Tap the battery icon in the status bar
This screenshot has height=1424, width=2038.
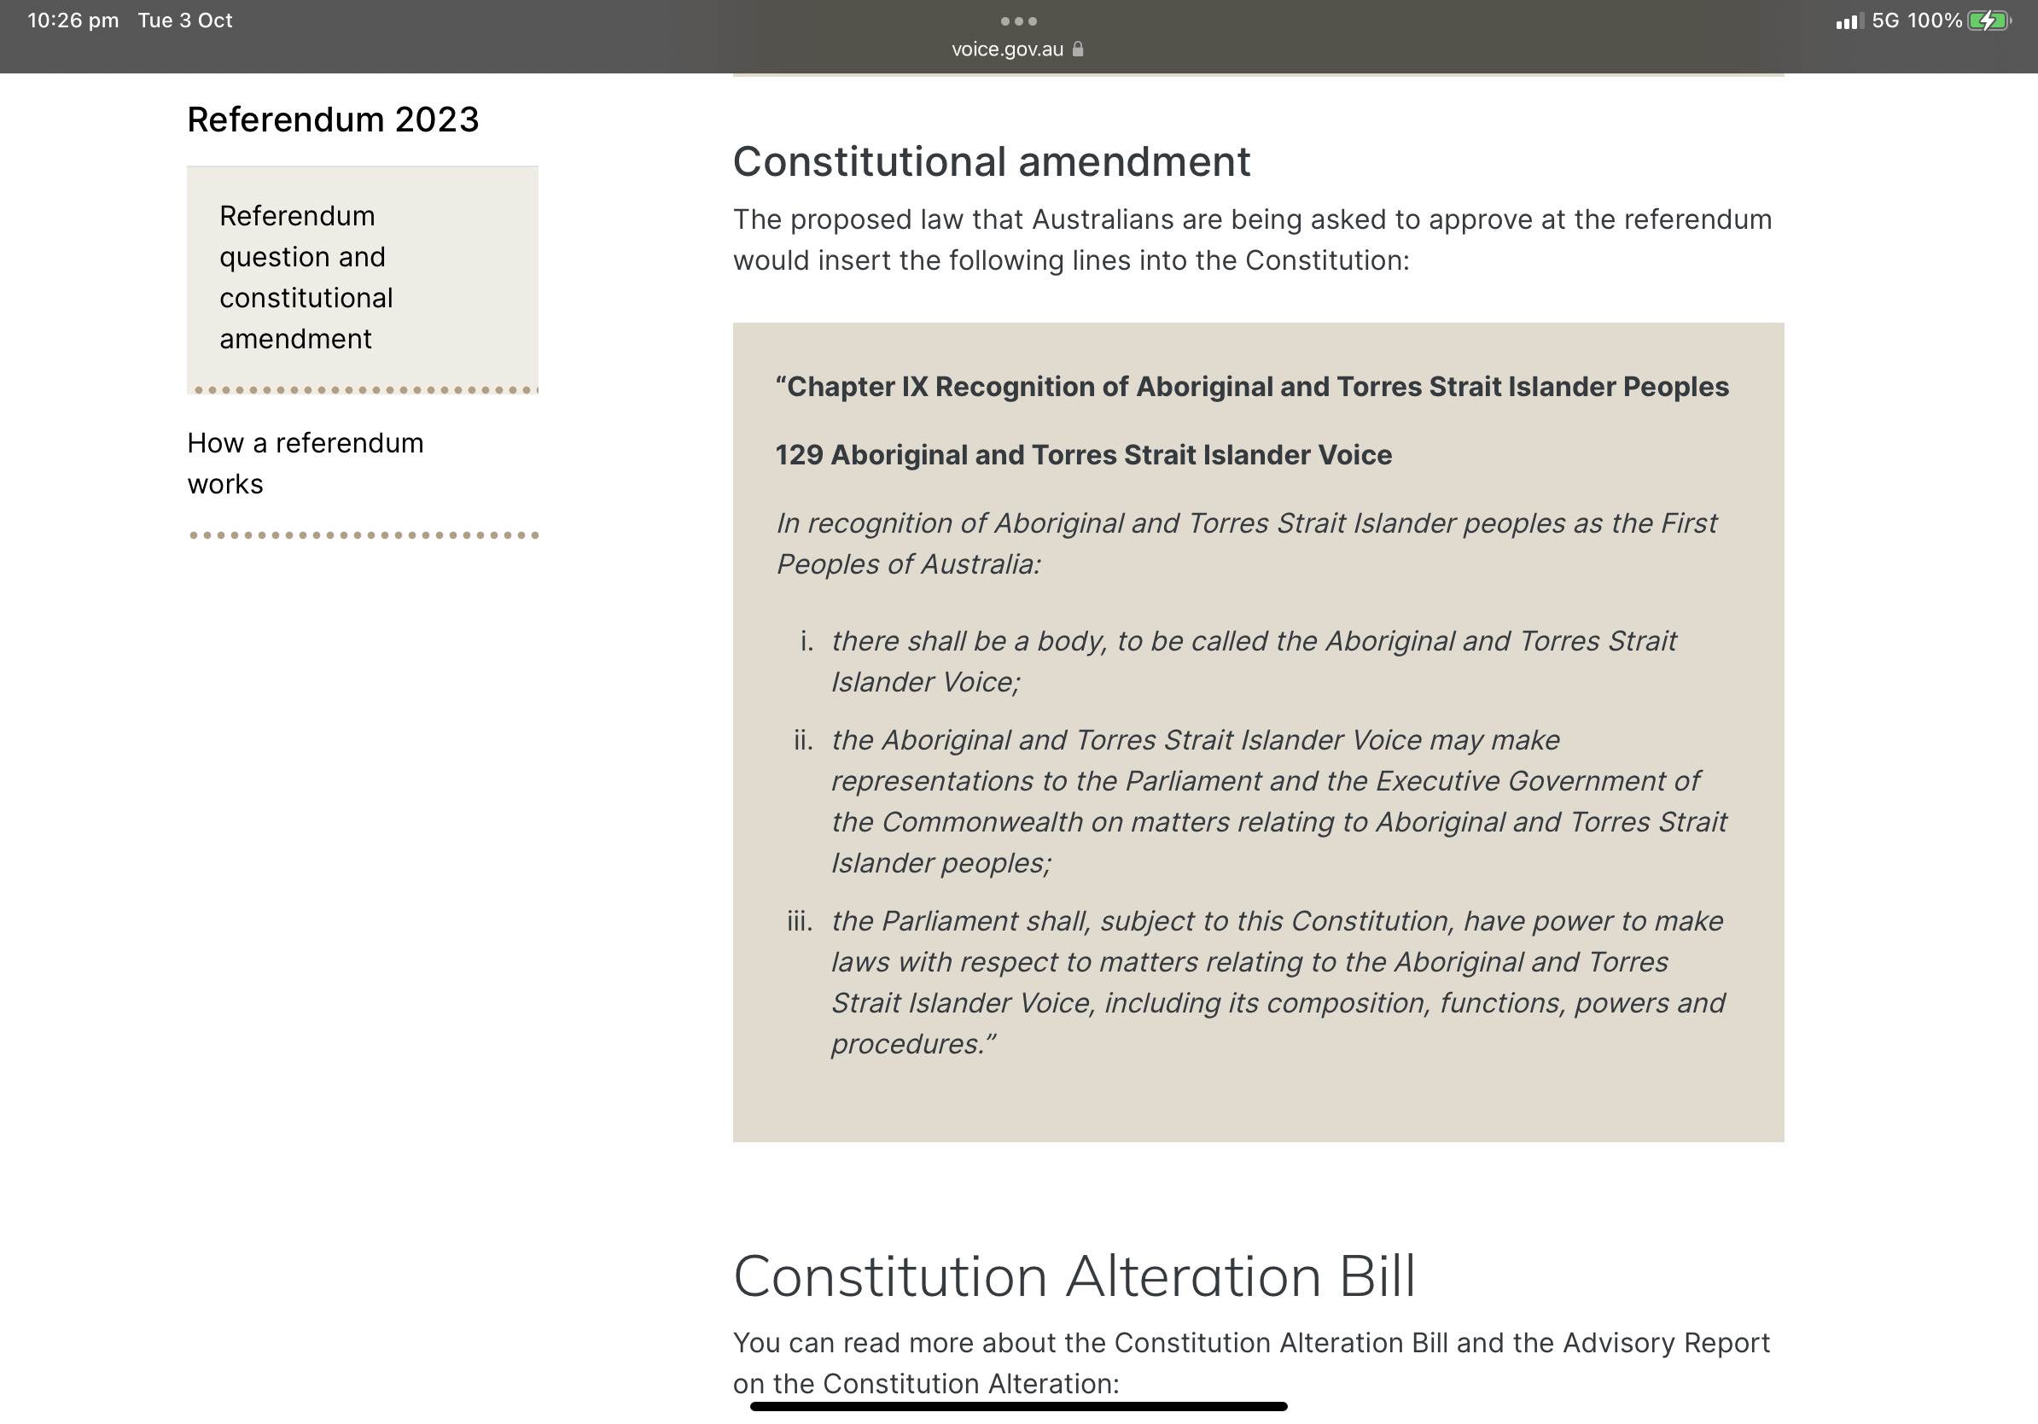point(1989,20)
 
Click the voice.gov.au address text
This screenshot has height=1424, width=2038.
point(1006,50)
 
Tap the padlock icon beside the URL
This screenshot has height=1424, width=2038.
point(1078,50)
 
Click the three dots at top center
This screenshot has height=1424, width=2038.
point(1018,21)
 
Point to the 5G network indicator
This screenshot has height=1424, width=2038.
point(1885,20)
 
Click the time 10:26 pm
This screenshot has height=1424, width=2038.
point(73,20)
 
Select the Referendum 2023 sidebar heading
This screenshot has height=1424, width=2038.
point(333,120)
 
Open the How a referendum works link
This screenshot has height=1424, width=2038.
point(305,463)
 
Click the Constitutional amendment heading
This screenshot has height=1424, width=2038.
point(992,161)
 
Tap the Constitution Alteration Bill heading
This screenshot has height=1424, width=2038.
point(1074,1276)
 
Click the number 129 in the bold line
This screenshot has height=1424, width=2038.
point(799,455)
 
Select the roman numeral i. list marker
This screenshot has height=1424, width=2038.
point(806,641)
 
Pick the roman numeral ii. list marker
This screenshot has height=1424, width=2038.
point(803,740)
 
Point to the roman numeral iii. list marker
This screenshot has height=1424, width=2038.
point(800,921)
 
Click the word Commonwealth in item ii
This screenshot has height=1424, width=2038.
point(982,822)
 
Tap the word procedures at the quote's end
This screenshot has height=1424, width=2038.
point(907,1044)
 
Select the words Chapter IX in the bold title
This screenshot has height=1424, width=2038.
point(857,387)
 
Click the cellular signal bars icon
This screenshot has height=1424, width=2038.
point(1849,21)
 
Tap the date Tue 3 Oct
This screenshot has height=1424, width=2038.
point(184,20)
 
